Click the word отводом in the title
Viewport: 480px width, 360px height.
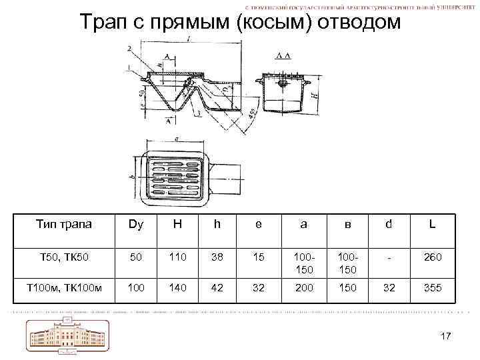coord(358,22)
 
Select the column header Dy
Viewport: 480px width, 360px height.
coord(136,225)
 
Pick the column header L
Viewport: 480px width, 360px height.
coord(432,225)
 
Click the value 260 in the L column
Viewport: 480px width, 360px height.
coord(432,256)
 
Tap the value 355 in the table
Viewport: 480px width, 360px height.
coord(432,287)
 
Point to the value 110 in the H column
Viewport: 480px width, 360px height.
coord(177,256)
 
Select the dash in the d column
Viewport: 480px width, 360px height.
coord(389,256)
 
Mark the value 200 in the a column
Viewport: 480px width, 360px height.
coord(304,287)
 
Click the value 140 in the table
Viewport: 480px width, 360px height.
coord(177,287)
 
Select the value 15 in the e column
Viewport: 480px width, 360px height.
coord(259,256)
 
